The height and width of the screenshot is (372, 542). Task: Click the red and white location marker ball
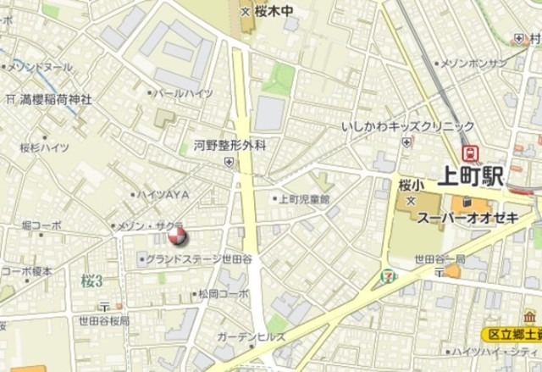[177, 236]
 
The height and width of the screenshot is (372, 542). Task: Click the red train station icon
[470, 153]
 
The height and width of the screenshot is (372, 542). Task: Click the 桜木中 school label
[269, 12]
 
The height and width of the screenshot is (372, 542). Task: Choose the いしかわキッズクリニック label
[397, 126]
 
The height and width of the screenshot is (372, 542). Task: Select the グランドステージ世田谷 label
[201, 258]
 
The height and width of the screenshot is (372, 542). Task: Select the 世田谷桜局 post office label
[104, 321]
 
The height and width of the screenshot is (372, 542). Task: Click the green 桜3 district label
[91, 280]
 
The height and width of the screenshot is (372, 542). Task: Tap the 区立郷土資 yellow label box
[512, 335]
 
